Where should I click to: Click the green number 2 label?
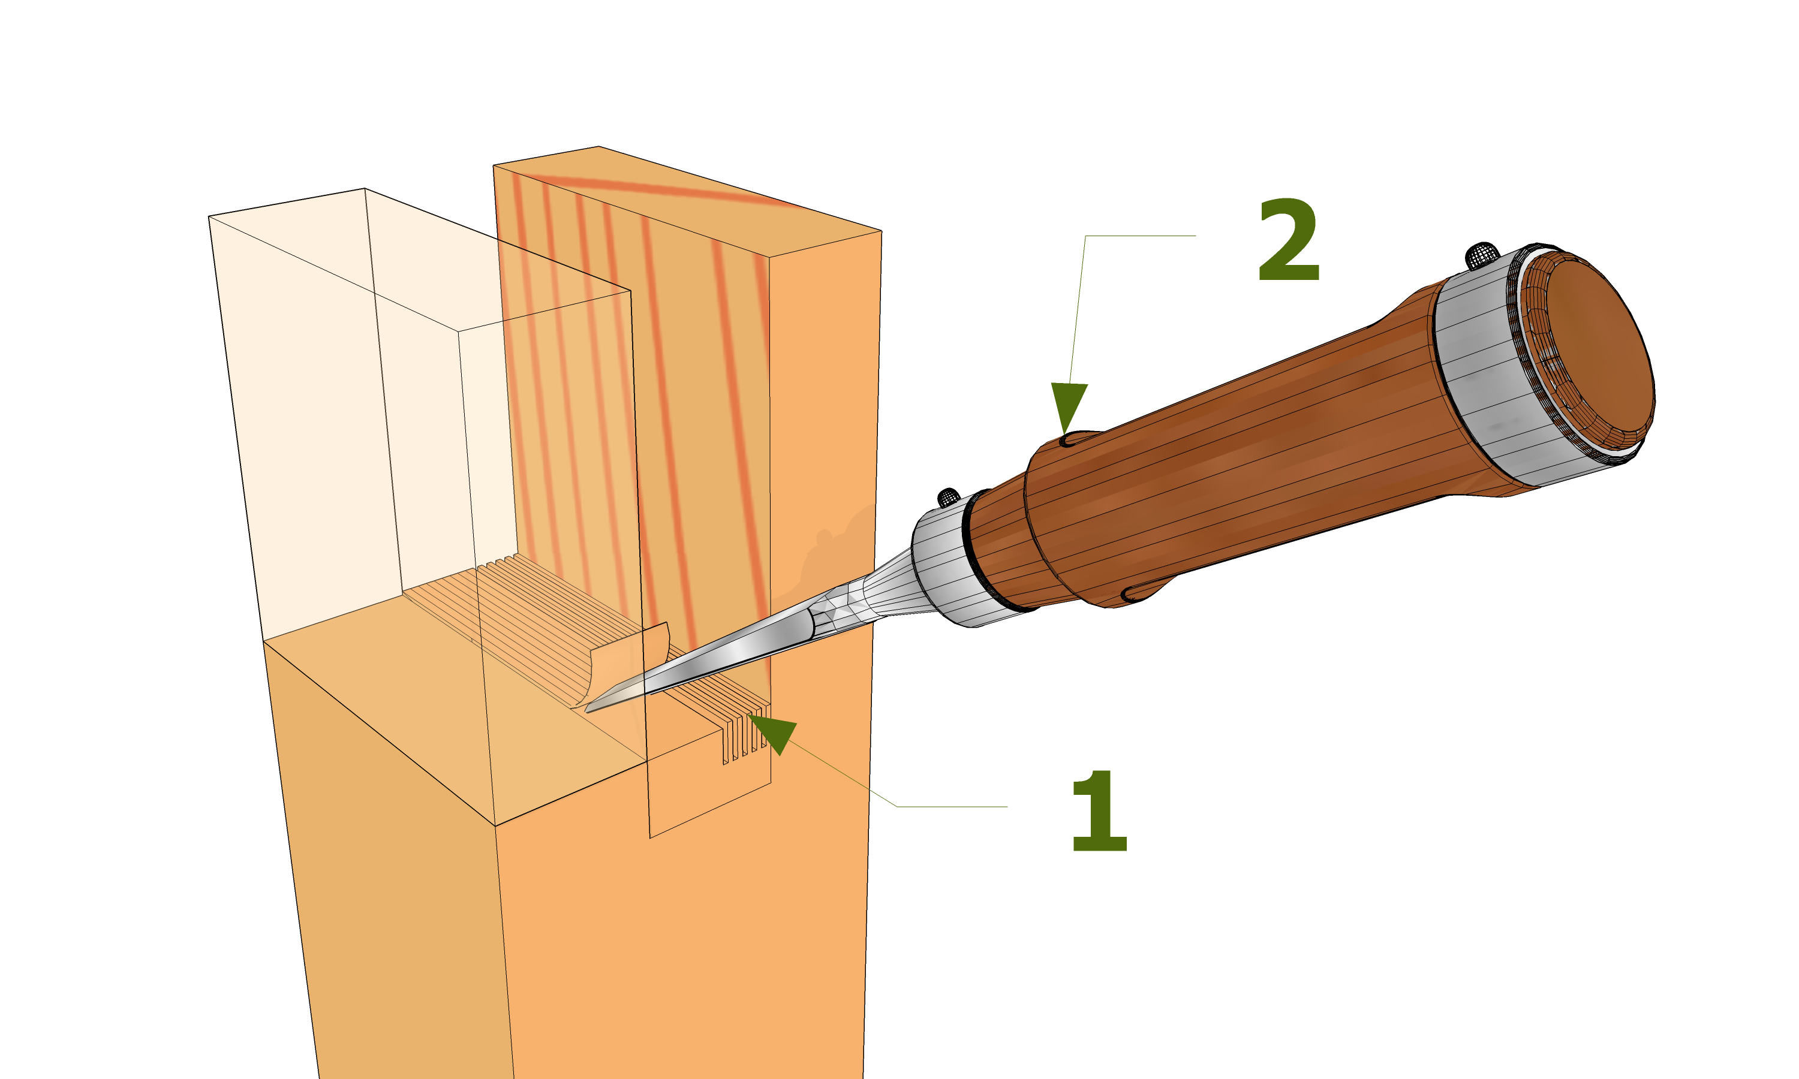click(1288, 240)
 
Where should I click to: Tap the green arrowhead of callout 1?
click(776, 733)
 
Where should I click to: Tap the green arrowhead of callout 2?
click(1067, 403)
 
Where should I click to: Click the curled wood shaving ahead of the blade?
click(625, 665)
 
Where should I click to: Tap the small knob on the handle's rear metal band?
click(1481, 255)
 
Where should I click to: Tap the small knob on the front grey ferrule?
click(948, 498)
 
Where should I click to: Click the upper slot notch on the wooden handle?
click(1080, 438)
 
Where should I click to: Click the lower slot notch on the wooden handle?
click(1142, 593)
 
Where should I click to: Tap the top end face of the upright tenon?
click(687, 200)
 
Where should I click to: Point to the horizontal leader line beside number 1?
click(953, 806)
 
